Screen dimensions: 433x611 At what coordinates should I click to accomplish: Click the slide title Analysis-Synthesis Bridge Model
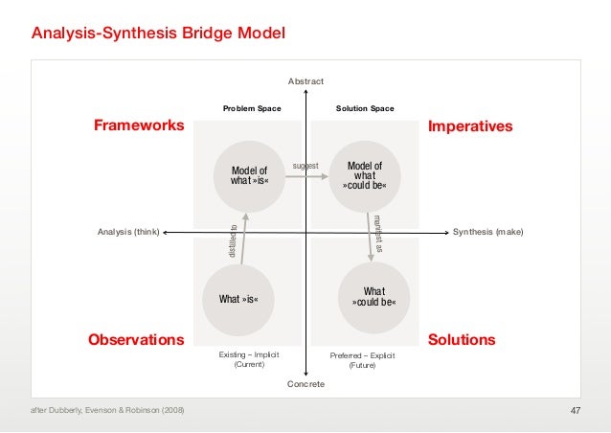click(x=158, y=34)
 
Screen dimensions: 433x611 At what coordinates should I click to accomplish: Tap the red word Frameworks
click(x=138, y=126)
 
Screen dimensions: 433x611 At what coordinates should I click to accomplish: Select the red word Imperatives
click(x=470, y=126)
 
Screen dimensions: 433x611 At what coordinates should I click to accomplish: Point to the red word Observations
click(x=136, y=340)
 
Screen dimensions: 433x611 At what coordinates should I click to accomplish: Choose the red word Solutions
click(x=462, y=340)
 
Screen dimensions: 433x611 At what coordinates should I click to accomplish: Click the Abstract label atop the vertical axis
click(x=305, y=81)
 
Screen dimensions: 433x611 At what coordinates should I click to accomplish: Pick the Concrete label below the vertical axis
click(x=305, y=384)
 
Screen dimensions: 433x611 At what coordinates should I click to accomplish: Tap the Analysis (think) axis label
click(x=129, y=233)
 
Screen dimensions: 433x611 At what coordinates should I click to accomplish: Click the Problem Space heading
click(x=252, y=109)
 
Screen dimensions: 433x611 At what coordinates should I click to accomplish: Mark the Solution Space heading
click(x=365, y=109)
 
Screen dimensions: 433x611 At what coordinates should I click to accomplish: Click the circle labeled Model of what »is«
click(x=249, y=176)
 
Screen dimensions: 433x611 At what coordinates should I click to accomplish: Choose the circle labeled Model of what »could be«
click(x=365, y=176)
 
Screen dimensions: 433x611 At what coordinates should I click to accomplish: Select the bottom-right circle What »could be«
click(x=374, y=298)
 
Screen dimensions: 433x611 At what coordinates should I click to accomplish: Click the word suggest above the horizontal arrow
click(x=305, y=166)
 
